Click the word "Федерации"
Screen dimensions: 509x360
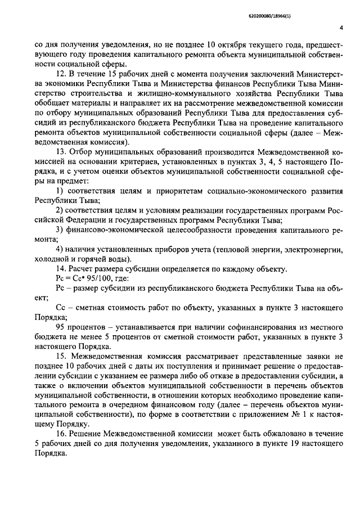pyautogui.click(x=82, y=220)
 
